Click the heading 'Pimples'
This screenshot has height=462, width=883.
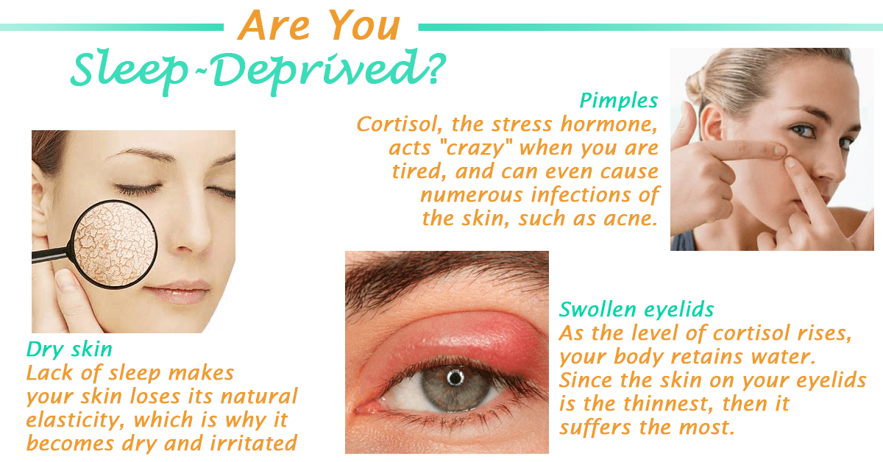pos(618,100)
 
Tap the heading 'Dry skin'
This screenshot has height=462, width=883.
pos(69,349)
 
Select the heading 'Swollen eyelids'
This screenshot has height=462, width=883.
pos(636,308)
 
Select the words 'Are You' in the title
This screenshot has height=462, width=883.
pos(319,26)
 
